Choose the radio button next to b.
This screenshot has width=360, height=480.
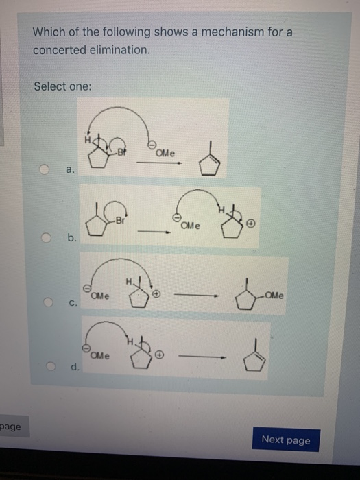coord(46,238)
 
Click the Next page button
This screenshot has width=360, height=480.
coord(285,440)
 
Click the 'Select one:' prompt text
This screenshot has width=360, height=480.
coord(62,86)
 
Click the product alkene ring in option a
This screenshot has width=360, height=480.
coord(209,163)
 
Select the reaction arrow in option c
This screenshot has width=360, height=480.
coord(196,296)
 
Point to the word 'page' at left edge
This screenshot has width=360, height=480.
coord(11,427)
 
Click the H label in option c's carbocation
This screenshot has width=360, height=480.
coord(128,280)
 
